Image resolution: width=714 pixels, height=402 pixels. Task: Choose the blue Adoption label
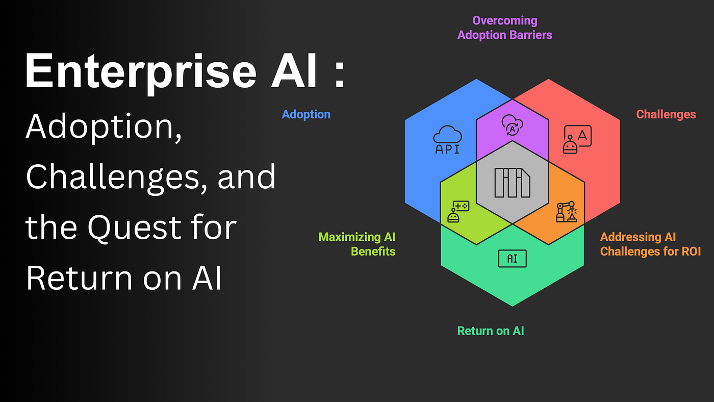[306, 114]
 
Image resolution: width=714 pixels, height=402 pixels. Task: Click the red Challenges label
[666, 114]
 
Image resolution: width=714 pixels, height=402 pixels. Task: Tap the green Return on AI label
[490, 331]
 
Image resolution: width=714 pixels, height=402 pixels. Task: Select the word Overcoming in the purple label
[504, 21]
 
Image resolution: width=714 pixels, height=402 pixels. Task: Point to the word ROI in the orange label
[688, 252]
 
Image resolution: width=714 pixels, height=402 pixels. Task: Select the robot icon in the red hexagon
[577, 139]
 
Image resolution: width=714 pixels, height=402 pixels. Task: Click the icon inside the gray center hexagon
[512, 182]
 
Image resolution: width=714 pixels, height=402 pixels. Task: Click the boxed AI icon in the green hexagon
[512, 259]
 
